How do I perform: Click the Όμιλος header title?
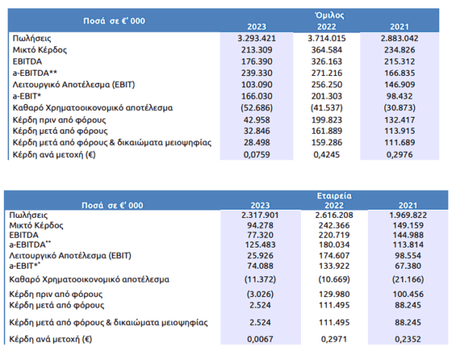330,15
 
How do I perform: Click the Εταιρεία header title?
334,195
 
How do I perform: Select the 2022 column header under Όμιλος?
327,27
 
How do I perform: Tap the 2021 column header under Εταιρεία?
407,205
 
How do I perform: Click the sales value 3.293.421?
257,38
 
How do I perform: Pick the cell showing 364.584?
327,50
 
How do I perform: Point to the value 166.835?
400,73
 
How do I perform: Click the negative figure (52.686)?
257,108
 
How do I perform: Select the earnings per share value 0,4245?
327,155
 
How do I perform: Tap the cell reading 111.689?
400,142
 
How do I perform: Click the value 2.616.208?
334,215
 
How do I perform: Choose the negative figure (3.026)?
260,294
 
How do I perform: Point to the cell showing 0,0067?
260,339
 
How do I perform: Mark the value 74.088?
260,266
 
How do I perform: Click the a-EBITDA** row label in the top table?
35,73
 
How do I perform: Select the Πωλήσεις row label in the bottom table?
29,215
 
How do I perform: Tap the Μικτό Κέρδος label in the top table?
40,50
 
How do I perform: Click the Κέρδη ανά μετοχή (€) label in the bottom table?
51,339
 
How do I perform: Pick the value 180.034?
334,245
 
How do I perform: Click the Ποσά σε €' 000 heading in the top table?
114,21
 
